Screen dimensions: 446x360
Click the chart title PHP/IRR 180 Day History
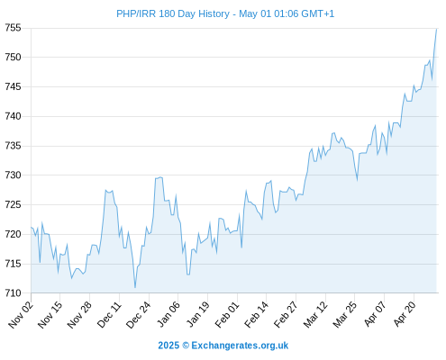click(173, 13)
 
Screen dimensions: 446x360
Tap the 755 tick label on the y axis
click(13, 28)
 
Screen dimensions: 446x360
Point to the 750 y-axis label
click(13, 57)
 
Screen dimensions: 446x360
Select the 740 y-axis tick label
click(13, 116)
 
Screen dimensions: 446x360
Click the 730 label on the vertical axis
click(13, 175)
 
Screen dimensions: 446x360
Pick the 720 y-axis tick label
click(13, 234)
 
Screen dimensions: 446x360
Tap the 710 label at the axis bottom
click(13, 292)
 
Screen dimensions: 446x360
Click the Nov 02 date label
click(21, 315)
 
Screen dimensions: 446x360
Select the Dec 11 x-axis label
click(109, 315)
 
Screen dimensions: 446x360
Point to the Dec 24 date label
click(139, 315)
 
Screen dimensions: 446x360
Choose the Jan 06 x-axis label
click(168, 315)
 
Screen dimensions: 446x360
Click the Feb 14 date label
click(257, 315)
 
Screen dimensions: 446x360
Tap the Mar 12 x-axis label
click(315, 315)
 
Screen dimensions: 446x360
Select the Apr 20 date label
click(405, 315)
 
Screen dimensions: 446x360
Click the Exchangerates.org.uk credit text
click(240, 346)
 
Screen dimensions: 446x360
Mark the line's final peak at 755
click(436, 29)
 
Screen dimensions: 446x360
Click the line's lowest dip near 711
click(135, 288)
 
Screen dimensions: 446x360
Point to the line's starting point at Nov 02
click(31, 227)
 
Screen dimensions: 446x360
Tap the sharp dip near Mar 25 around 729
click(357, 180)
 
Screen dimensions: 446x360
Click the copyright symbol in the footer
click(186, 346)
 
